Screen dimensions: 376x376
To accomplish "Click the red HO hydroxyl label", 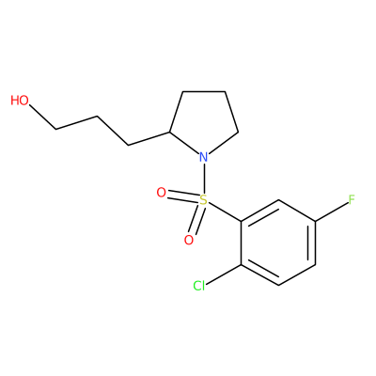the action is pos(20,101).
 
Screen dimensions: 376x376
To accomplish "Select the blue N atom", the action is pos(204,157).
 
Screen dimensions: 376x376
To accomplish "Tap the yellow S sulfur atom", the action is pos(204,199).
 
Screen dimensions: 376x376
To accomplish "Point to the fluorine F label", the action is pos(352,199).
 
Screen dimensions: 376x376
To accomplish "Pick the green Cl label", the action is pos(199,286).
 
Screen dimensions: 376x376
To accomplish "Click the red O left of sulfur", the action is pos(161,193).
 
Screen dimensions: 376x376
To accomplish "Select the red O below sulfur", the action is pos(189,241).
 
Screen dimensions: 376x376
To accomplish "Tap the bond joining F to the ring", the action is pos(332,211).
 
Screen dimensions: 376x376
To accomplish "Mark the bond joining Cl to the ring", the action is pos(224,274).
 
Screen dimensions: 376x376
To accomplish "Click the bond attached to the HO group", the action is pos(42,117).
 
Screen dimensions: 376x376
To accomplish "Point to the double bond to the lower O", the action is pos(196,220).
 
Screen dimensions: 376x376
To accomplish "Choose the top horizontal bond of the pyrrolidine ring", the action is pos(204,91).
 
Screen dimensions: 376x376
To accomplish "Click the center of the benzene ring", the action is pos(278,243).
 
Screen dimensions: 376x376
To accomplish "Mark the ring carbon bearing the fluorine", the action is pos(315,222).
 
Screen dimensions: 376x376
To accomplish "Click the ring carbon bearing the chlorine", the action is pos(242,265).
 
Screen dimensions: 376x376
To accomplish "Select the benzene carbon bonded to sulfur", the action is pos(242,222).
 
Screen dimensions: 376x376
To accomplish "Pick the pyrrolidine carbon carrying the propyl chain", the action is pos(169,132).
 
